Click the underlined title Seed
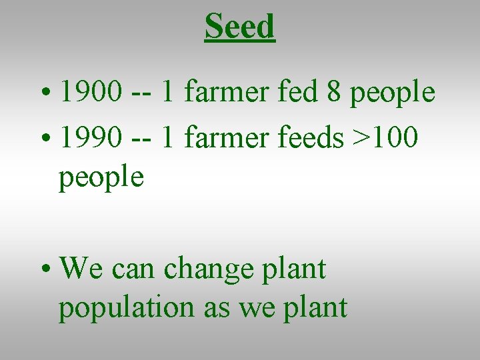239,27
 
